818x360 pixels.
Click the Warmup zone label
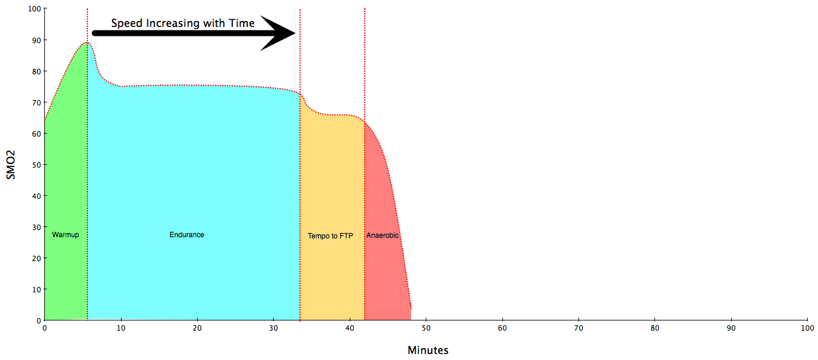point(65,235)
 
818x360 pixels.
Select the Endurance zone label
point(187,235)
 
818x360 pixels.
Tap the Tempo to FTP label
point(331,236)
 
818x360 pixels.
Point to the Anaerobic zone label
point(383,235)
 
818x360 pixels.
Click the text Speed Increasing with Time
point(183,23)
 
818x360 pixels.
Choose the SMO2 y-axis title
point(10,165)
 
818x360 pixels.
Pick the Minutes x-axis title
point(428,350)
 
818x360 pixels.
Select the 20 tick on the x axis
point(197,328)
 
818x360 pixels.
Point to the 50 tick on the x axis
point(426,328)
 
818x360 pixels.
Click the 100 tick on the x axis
point(807,328)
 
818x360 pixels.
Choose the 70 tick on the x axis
point(578,328)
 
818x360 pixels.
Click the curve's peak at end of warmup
point(87,43)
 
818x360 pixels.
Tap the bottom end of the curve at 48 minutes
point(411,308)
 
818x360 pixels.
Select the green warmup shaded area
point(66,180)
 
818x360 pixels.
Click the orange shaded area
point(332,180)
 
